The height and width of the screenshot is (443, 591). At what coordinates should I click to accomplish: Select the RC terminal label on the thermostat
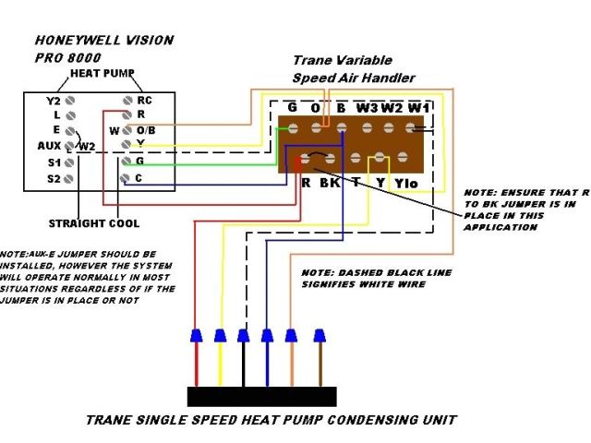(144, 100)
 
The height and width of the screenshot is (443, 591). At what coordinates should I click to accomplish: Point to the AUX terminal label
(48, 146)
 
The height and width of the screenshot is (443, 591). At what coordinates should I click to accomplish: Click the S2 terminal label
(53, 177)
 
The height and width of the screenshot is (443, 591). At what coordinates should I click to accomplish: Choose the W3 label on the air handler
(367, 108)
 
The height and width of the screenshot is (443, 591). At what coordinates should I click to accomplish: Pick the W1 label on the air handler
(418, 108)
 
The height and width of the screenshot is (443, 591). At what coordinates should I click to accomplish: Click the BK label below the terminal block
(330, 183)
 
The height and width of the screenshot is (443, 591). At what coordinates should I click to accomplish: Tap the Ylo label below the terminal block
(407, 183)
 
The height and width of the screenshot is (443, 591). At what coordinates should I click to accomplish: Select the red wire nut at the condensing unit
(196, 335)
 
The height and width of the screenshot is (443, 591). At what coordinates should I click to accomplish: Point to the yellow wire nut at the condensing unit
(220, 335)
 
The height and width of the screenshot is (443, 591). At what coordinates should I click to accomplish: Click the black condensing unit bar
(261, 396)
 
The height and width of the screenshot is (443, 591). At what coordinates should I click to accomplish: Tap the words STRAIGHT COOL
(94, 223)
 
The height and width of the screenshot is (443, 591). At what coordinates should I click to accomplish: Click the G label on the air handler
(292, 108)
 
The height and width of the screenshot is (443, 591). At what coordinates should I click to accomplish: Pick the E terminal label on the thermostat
(56, 130)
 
